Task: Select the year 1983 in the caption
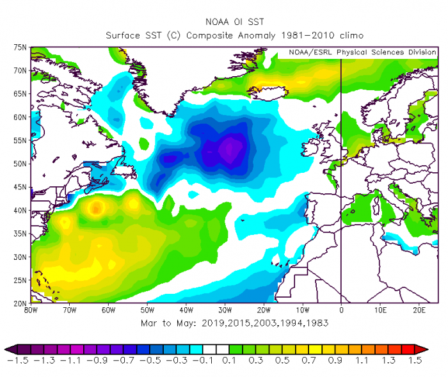coord(317,323)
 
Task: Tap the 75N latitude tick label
coord(19,47)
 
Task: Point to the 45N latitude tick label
coord(19,187)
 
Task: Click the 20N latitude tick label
coord(19,303)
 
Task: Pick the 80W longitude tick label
coord(31,309)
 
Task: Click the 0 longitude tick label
coord(341,309)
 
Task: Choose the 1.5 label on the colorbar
coord(415,361)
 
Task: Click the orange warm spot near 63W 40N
coord(97,207)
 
